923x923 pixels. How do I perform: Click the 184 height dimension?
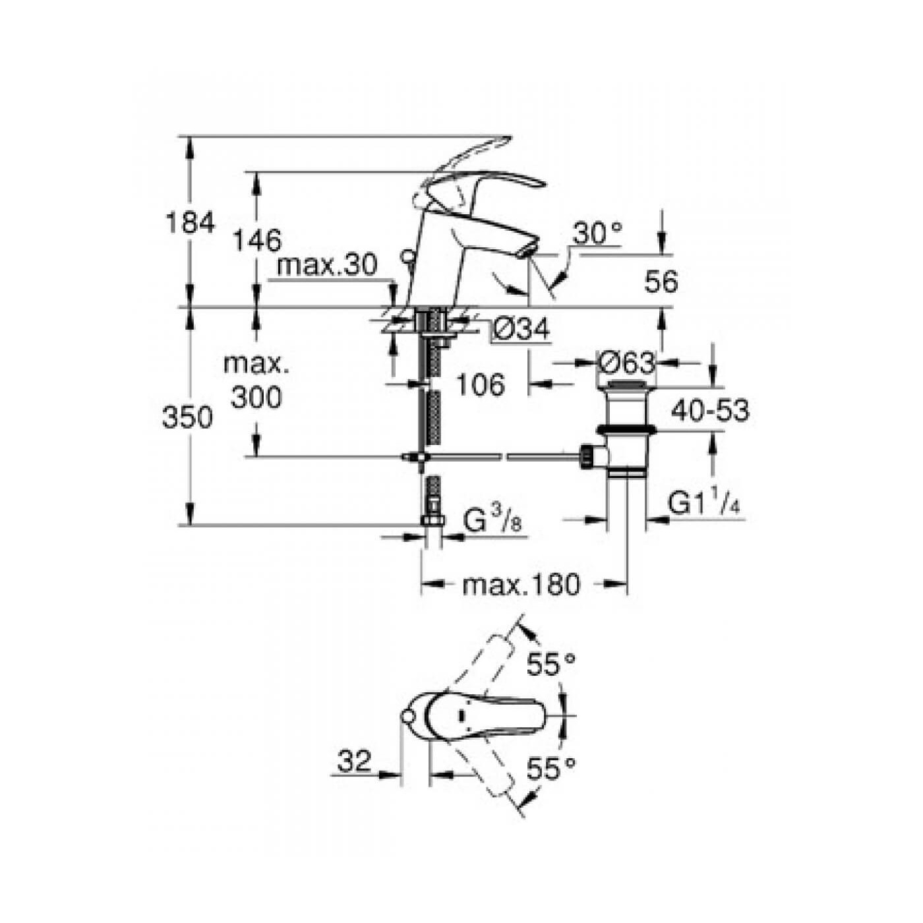point(189,223)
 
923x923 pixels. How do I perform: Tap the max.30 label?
point(326,266)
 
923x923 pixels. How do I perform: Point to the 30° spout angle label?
point(597,233)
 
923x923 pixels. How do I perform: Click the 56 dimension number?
point(661,282)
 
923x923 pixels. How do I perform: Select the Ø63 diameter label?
point(626,363)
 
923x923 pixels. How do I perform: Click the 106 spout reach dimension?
point(480,384)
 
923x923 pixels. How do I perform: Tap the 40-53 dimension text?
point(710,411)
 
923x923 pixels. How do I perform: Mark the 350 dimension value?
point(188,418)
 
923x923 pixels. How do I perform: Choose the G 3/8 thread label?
point(494,523)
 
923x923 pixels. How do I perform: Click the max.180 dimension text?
point(521,585)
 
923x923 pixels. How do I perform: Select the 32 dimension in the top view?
point(354,761)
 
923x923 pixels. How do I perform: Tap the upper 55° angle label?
point(551,666)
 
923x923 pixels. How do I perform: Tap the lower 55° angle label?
point(551,769)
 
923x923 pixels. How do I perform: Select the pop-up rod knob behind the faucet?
point(407,255)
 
